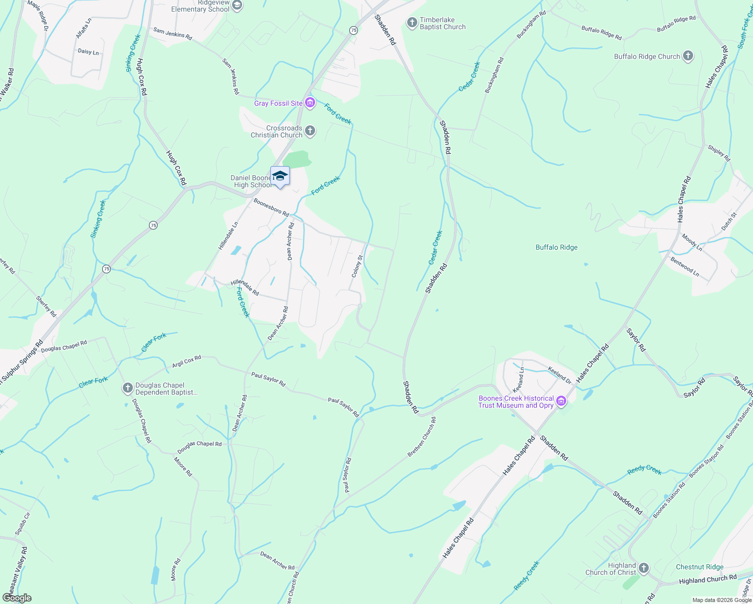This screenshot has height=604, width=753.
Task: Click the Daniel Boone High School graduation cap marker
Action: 280,176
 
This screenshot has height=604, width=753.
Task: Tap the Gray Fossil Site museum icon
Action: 310,103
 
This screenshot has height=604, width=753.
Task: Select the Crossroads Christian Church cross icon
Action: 310,131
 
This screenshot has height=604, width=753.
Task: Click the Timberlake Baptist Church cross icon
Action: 412,23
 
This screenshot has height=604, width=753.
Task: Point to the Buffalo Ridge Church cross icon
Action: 688,56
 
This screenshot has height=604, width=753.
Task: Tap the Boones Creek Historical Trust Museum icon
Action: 561,402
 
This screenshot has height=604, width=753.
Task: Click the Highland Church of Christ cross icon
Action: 644,569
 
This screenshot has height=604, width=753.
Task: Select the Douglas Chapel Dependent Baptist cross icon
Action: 128,388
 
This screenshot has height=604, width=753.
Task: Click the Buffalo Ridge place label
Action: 556,247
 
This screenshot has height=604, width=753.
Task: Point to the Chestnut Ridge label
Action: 700,567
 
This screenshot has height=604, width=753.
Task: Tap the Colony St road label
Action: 357,266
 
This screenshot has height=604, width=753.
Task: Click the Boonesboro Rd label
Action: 271,207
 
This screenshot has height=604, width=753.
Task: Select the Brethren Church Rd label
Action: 422,437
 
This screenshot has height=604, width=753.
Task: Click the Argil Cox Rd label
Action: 187,361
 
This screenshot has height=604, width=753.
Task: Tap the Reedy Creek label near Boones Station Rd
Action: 644,470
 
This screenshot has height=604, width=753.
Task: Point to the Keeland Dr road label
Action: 560,375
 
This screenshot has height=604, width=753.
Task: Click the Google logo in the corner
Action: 17,598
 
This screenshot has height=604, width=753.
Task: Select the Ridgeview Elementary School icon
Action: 238,6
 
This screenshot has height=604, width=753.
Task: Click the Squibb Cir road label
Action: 23,523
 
